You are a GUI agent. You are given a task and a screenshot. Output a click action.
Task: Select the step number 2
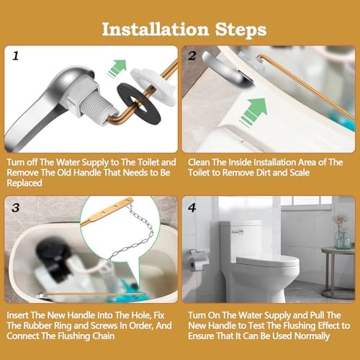coord(191,55)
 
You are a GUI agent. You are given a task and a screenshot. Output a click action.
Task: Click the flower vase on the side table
coord(341,234)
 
